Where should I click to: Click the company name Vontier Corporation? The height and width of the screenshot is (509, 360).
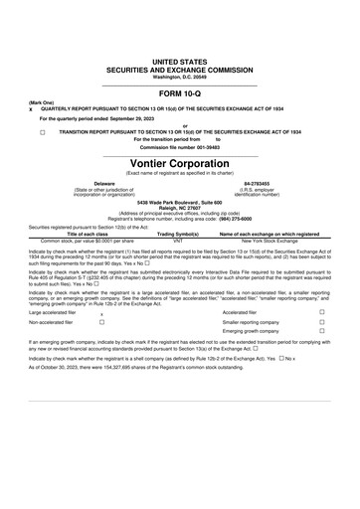[x=180, y=163]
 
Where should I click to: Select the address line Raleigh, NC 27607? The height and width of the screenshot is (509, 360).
[x=180, y=207]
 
